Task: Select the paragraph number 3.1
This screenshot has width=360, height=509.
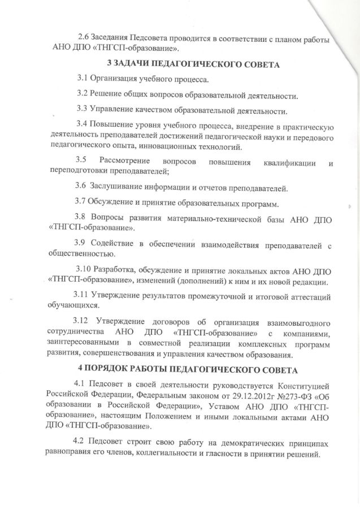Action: click(83, 78)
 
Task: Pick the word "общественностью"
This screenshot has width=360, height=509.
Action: click(84, 256)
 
